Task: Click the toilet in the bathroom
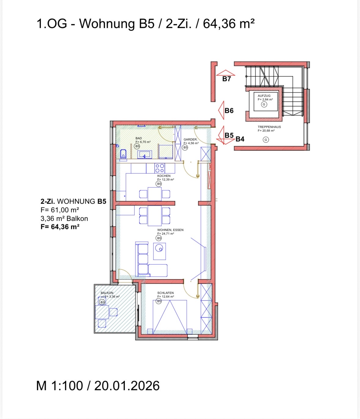point(123,154)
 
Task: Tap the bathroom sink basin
point(145,154)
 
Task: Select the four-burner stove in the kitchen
point(160,168)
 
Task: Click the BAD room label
point(139,138)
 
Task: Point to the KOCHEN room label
point(164,176)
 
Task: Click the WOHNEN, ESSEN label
point(170,230)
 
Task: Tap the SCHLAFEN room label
point(165,293)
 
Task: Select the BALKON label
point(107,293)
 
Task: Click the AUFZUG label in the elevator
point(264,96)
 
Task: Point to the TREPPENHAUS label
point(269,127)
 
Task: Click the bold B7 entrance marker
point(227,79)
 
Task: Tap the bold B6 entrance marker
point(229,111)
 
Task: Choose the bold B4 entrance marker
point(240,139)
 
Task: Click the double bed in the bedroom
point(170,317)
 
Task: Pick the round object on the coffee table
point(159,248)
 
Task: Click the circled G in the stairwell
point(266,140)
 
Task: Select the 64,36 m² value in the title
point(229,24)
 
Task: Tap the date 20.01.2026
point(127,386)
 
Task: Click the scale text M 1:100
point(60,386)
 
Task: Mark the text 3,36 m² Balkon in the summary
point(64,219)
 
